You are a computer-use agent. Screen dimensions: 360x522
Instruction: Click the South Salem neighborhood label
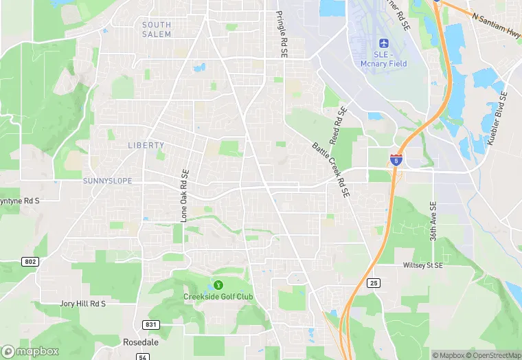click(157, 29)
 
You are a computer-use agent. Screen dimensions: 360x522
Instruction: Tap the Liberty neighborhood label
click(146, 145)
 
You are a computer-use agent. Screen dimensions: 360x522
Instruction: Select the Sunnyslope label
click(106, 181)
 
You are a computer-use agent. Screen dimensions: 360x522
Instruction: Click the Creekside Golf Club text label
click(218, 297)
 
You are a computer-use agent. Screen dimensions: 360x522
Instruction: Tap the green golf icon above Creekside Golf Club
click(218, 284)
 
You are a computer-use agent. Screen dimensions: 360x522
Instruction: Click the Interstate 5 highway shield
click(396, 159)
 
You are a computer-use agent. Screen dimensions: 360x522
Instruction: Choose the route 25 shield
click(374, 282)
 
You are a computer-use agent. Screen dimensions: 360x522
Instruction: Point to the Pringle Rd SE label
click(281, 33)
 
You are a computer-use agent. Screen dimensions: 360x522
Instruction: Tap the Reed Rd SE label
click(338, 125)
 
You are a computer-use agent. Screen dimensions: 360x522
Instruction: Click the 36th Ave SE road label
click(433, 221)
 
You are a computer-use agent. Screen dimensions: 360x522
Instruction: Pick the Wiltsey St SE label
click(422, 265)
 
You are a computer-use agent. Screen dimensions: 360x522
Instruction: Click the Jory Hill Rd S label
click(83, 303)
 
